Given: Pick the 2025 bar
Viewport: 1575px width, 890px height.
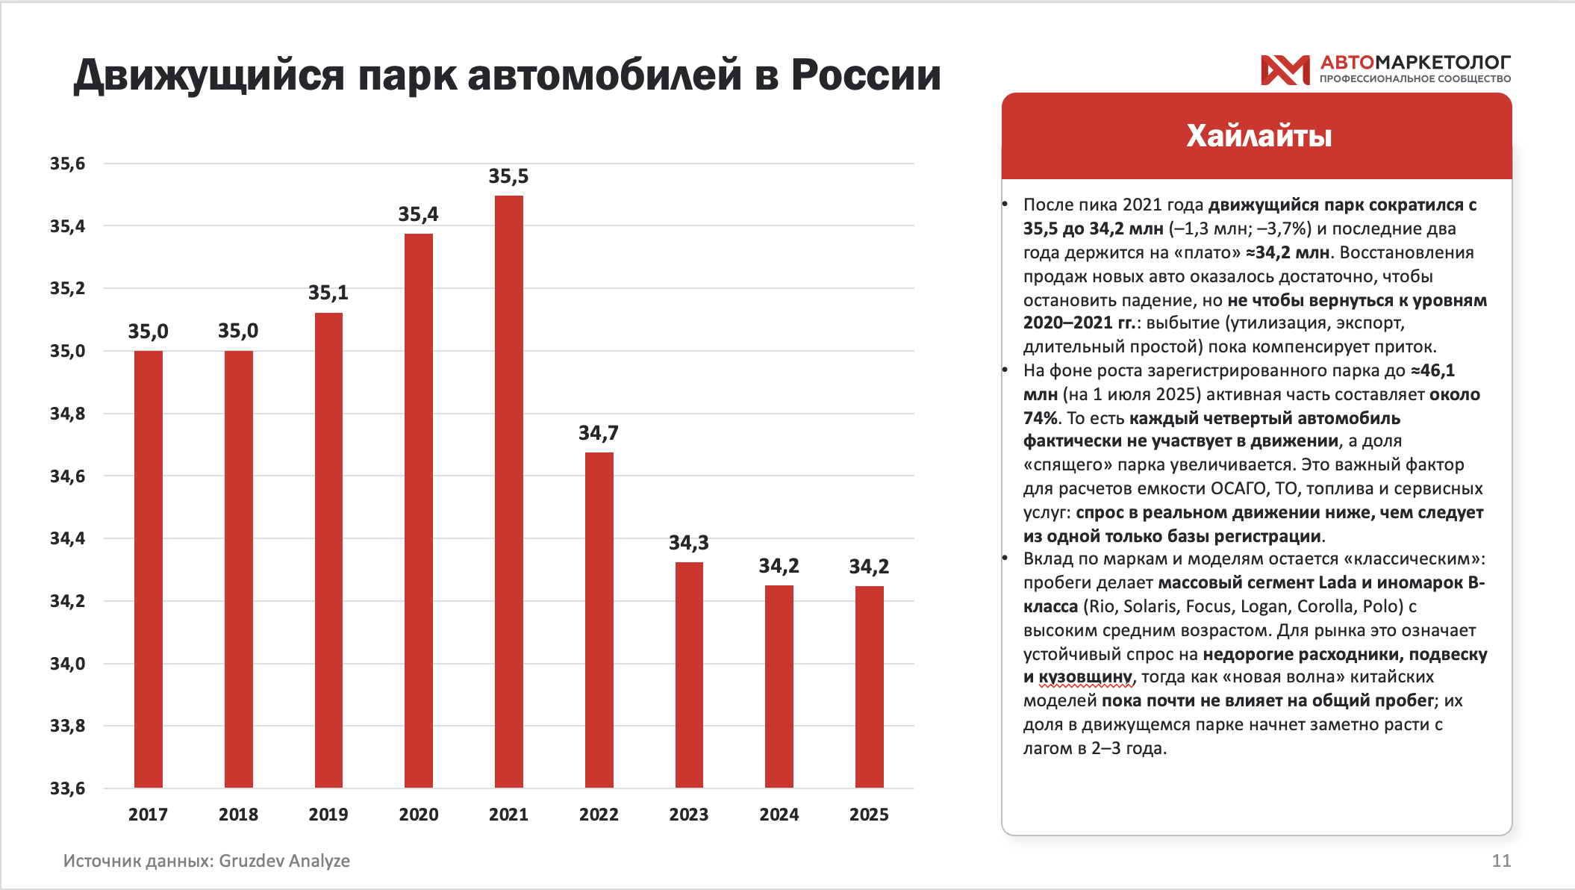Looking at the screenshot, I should tap(869, 686).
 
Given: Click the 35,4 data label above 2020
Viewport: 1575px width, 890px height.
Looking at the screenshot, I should tap(418, 215).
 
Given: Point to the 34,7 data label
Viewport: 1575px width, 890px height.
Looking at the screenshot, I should tap(598, 433).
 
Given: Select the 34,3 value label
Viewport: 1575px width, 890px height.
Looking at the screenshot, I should tap(688, 543).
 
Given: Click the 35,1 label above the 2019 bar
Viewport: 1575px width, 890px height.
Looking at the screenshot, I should tap(328, 293).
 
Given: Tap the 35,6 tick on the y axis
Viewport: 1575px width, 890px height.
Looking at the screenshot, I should tap(67, 164).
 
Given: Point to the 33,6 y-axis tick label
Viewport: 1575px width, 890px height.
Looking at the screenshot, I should tap(67, 788).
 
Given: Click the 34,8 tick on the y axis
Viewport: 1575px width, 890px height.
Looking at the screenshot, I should tap(67, 414).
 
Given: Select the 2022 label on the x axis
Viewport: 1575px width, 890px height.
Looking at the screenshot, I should tap(599, 815).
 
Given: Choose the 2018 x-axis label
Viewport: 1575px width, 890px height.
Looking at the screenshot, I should tap(238, 815).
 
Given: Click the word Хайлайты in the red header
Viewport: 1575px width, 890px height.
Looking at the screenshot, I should tap(1259, 136).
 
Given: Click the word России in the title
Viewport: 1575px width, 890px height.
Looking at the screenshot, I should tap(866, 75).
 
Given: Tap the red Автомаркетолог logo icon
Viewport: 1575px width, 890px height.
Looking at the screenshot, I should tap(1285, 70).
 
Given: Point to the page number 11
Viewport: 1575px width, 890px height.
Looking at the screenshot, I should tap(1501, 861).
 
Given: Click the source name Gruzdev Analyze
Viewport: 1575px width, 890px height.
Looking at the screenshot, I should tap(284, 861).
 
